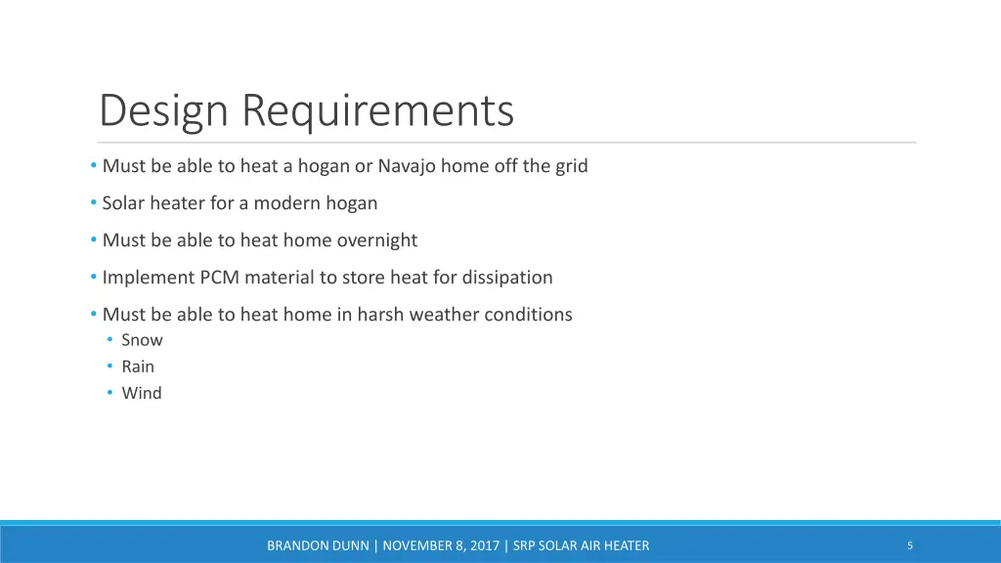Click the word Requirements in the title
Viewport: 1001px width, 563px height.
coord(378,110)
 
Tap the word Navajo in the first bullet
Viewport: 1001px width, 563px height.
coord(407,166)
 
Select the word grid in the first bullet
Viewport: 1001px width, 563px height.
coord(572,166)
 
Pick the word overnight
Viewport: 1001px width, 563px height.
coord(377,240)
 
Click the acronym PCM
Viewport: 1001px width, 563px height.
coord(220,278)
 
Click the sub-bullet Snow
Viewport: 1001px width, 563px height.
coord(142,340)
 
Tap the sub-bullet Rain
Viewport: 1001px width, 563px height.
coord(138,367)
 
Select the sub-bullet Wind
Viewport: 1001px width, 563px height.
coord(142,393)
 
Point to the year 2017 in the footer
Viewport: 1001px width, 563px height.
coord(484,546)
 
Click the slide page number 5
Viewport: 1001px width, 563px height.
coord(910,545)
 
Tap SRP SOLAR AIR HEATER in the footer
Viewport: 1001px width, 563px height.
coord(581,546)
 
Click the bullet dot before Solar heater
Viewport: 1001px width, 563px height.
coord(93,203)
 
